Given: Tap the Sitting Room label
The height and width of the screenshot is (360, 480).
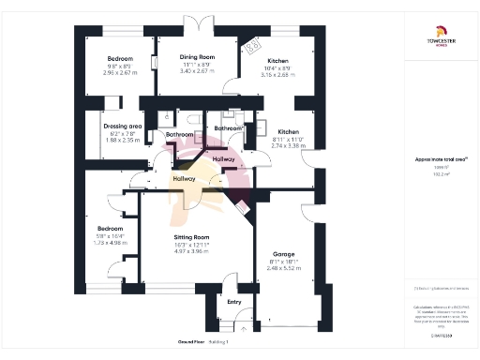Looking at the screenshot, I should pos(190,238).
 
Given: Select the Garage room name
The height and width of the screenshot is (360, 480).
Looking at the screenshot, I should pos(284,254).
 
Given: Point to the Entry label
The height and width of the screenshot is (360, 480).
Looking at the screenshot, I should pos(234,302).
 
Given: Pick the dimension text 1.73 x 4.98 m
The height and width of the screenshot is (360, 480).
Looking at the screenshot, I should pos(111,242).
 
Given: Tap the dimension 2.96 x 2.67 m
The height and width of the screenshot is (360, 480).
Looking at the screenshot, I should pos(119,72).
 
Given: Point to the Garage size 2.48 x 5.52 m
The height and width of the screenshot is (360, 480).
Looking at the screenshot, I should pos(284,268).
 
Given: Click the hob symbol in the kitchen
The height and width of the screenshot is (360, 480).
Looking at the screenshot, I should pos(251,46).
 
